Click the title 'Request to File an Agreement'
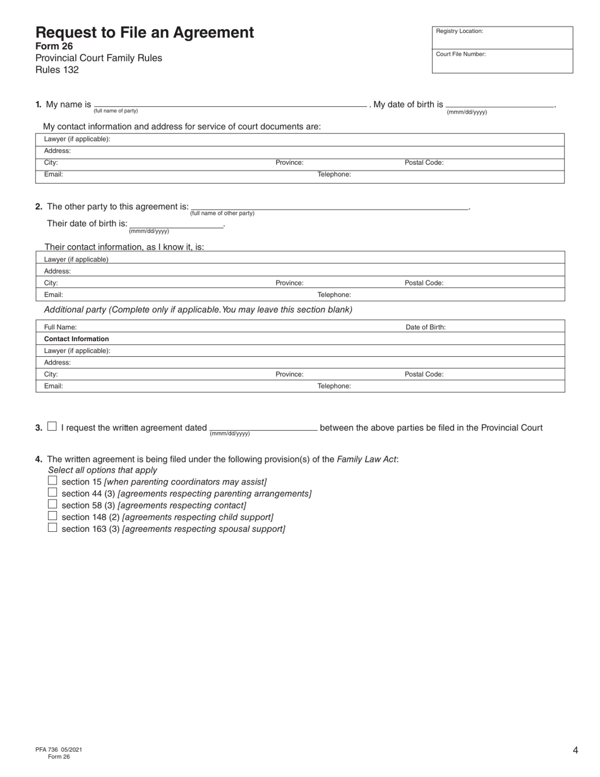click(x=145, y=33)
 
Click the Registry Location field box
click(x=502, y=38)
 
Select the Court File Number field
click(x=502, y=61)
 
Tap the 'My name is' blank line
click(x=231, y=104)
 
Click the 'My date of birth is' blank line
click(x=500, y=104)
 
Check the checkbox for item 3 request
click(x=52, y=426)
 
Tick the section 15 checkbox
click(x=52, y=481)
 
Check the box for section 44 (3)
click(x=52, y=493)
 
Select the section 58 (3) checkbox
click(x=52, y=504)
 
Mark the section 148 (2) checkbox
click(x=52, y=516)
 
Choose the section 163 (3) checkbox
click(x=52, y=528)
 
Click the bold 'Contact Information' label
click(x=76, y=339)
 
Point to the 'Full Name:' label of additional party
click(x=61, y=327)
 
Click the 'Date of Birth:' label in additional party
click(x=425, y=327)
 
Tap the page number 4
click(x=575, y=750)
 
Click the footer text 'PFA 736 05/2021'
click(x=59, y=749)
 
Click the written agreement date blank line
click(x=263, y=428)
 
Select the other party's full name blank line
click(x=329, y=207)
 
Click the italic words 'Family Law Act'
click(x=367, y=459)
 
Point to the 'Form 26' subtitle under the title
click(x=54, y=46)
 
